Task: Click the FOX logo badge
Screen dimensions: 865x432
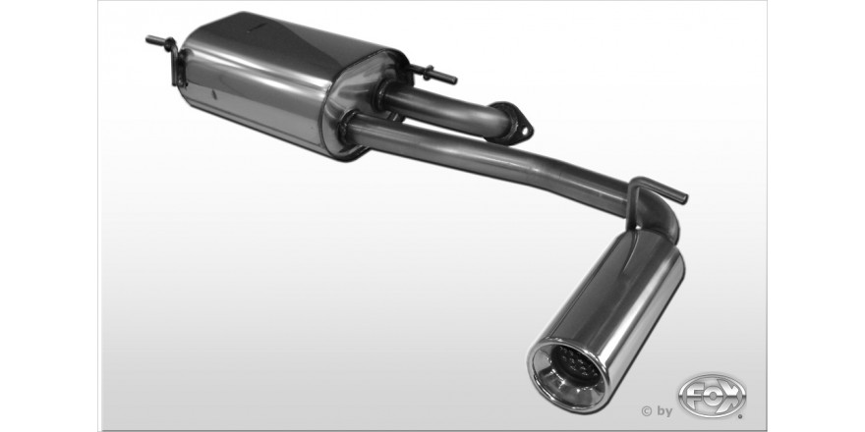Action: click(712, 397)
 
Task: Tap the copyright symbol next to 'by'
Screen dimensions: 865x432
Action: click(647, 410)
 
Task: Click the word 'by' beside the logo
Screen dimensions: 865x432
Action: click(664, 411)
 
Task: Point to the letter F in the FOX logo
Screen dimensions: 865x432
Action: click(693, 395)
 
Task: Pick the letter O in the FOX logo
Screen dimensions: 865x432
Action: click(712, 395)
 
